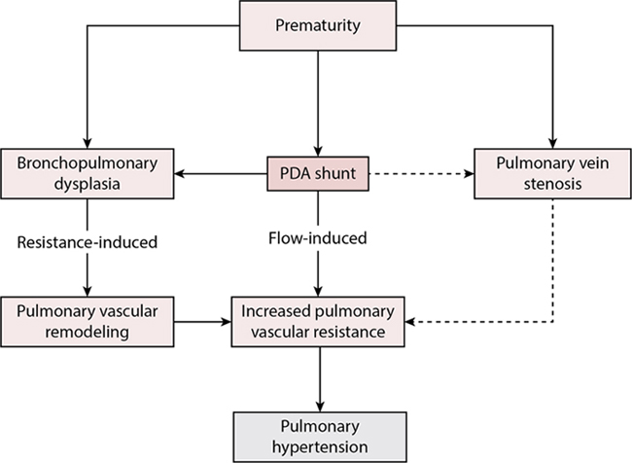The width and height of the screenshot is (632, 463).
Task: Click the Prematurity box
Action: click(x=320, y=23)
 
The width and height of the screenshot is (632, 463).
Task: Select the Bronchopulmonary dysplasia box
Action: click(x=87, y=174)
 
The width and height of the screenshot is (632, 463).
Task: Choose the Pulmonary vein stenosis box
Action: click(x=552, y=174)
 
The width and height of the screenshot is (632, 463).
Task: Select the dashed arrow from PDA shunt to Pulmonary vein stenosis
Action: click(x=423, y=175)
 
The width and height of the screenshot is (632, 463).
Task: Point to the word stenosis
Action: click(x=552, y=185)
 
